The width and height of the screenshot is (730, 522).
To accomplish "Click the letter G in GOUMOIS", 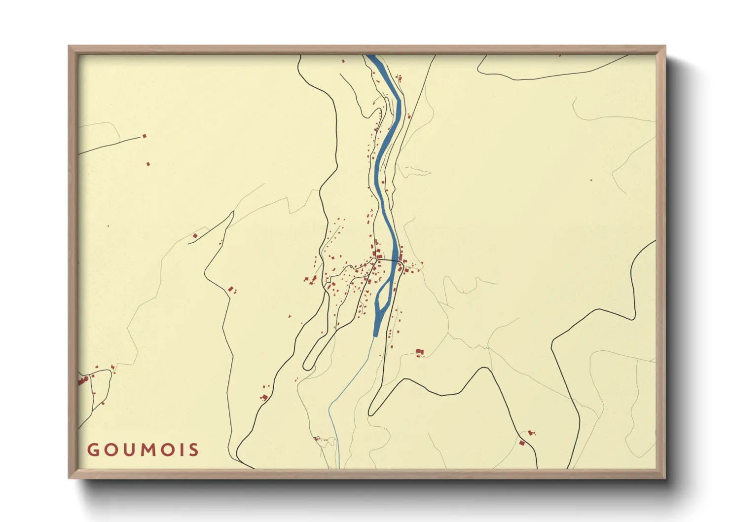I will pos(93,450).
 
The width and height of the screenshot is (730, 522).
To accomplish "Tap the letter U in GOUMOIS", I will pos(129,450).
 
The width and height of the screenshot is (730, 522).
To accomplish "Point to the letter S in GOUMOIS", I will pos(194,450).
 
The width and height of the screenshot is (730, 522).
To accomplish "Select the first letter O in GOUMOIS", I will pos(110,450).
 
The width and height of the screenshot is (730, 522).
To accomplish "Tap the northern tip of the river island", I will pos(392,280).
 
